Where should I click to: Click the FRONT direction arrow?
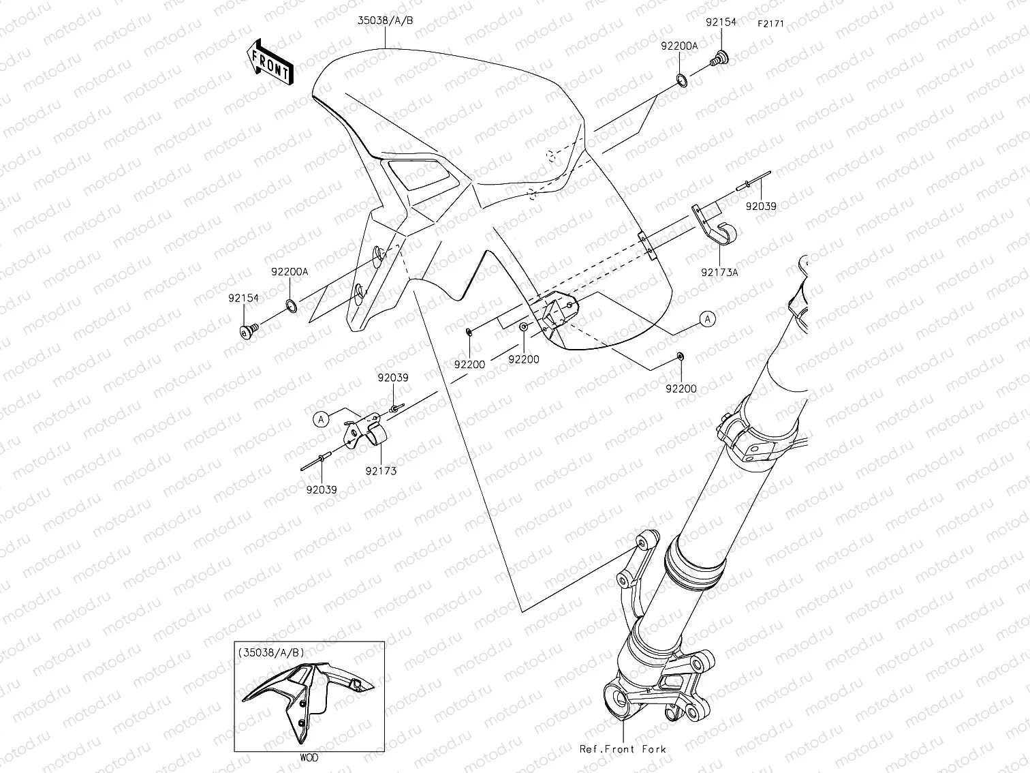(x=271, y=61)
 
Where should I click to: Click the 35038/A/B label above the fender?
(x=386, y=20)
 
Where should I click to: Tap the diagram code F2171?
(x=770, y=23)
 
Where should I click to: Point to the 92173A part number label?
(x=719, y=271)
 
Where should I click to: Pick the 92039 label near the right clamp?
(x=760, y=205)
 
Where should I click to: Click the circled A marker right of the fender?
(x=708, y=318)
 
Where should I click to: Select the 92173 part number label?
(x=380, y=470)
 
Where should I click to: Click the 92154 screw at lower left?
(x=247, y=331)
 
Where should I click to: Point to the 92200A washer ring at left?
(x=291, y=306)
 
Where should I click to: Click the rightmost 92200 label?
(x=681, y=389)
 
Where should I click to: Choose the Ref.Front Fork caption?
(x=623, y=749)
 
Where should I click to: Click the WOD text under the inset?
(x=308, y=757)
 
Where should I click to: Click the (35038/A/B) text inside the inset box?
(x=272, y=652)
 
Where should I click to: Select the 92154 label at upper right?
(x=721, y=22)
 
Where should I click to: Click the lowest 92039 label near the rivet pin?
(x=321, y=489)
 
